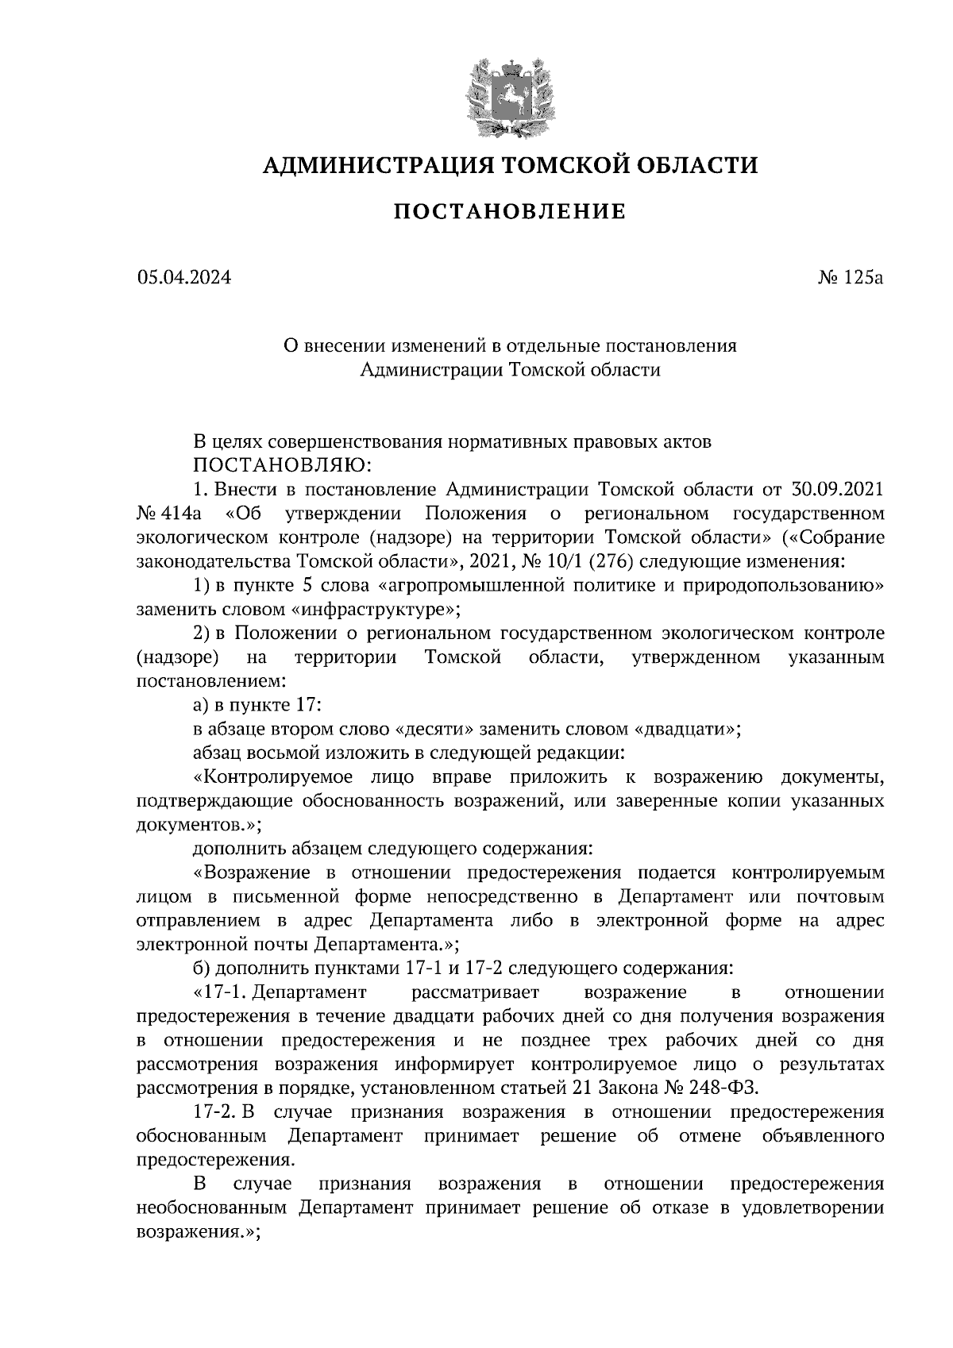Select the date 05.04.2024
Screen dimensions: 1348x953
(183, 278)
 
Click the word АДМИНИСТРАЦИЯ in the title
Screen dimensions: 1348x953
(368, 165)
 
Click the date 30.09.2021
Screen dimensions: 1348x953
(839, 487)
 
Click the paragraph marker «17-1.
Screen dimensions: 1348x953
(222, 992)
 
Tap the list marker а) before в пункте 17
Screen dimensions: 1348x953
(201, 705)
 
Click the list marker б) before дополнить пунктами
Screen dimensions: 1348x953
(202, 969)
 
